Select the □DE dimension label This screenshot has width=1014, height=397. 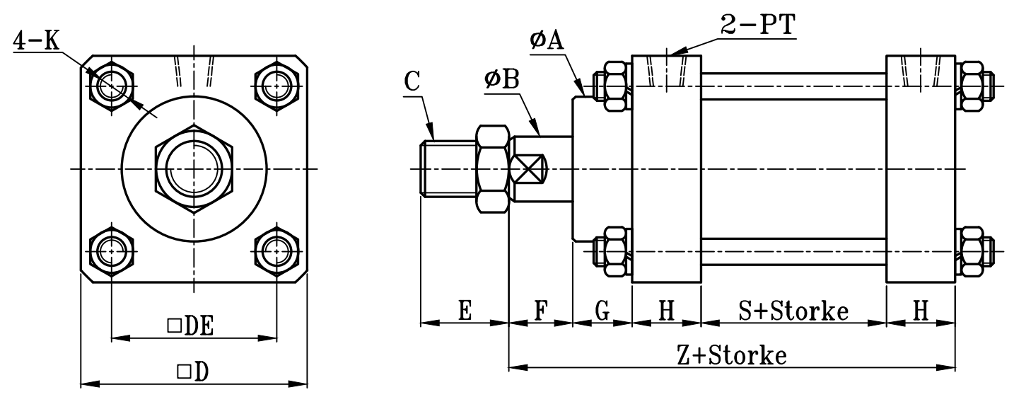pyautogui.click(x=191, y=326)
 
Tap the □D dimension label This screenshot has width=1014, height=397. pyautogui.click(x=192, y=372)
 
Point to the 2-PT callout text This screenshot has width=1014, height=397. pyautogui.click(x=757, y=26)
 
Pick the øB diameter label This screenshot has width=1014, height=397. pyautogui.click(x=501, y=80)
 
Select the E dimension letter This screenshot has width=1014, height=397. pyautogui.click(x=465, y=311)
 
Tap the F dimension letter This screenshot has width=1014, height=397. pyautogui.click(x=540, y=311)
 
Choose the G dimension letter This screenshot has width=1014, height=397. pyautogui.click(x=602, y=311)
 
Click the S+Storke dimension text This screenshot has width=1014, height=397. pyautogui.click(x=793, y=311)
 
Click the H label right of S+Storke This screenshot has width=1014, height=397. pyautogui.click(x=920, y=311)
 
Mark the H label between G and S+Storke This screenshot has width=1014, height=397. pyautogui.click(x=666, y=311)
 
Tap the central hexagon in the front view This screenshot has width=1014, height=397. pyautogui.click(x=193, y=169)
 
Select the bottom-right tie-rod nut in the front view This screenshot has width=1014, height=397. pyautogui.click(x=275, y=250)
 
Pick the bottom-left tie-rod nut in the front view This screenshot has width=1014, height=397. pyautogui.click(x=111, y=250)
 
